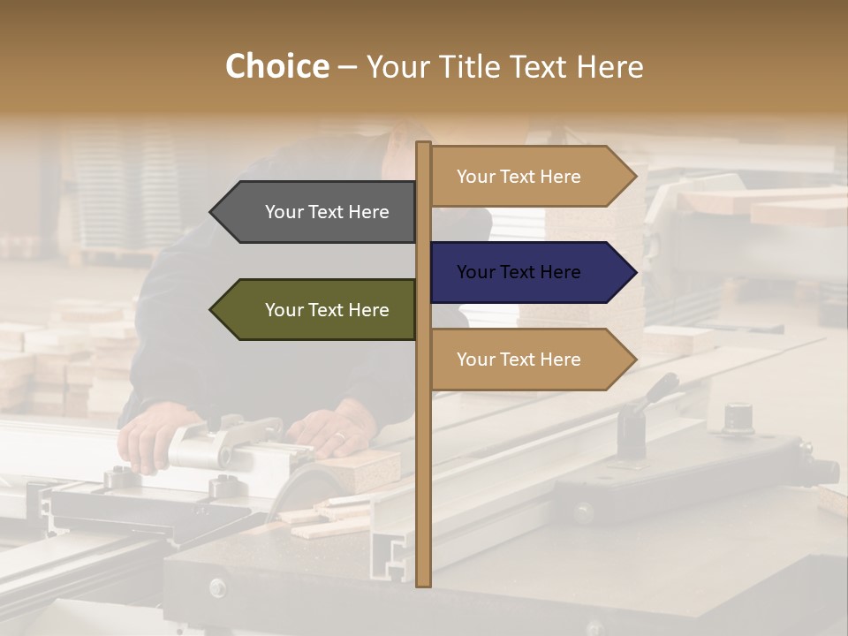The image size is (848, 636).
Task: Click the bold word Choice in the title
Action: coord(276,66)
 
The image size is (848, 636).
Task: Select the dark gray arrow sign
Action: coord(314,212)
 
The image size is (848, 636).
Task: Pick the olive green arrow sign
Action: coord(314,310)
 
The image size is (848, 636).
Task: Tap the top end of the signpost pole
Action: coord(423,144)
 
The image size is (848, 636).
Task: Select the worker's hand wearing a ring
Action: coord(331,429)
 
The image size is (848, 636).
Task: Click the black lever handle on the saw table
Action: coord(659,390)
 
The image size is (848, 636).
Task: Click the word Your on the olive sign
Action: coord(284,310)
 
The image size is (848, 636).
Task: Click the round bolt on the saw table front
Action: coord(217,586)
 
